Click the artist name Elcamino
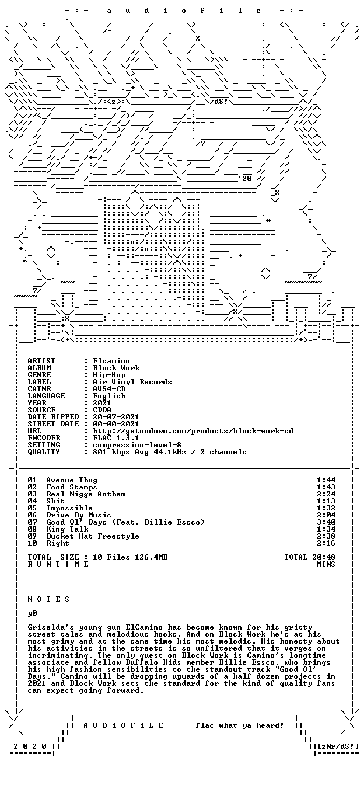(111, 361)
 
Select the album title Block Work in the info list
(116, 368)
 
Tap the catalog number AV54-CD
(109, 389)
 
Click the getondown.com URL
(193, 431)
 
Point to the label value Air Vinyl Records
(132, 382)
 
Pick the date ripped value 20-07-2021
(116, 417)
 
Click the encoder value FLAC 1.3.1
(116, 438)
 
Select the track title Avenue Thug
(72, 480)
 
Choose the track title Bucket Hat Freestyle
(93, 536)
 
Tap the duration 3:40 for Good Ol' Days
(326, 522)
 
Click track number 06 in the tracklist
(32, 515)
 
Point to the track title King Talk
(67, 529)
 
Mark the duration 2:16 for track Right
(326, 543)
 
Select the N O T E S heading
(48, 599)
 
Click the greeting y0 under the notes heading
(33, 614)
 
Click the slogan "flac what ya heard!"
(240, 725)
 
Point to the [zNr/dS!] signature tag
(338, 746)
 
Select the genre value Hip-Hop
(109, 375)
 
